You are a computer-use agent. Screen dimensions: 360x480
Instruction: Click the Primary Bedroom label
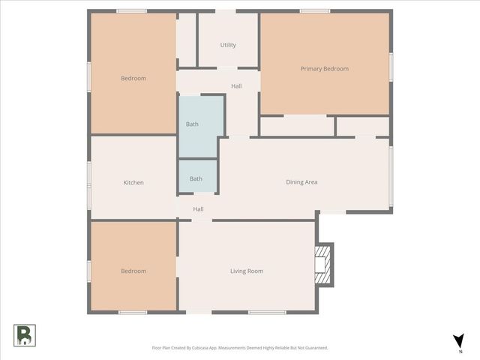(x=324, y=69)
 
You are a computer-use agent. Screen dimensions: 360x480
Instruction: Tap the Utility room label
(x=228, y=45)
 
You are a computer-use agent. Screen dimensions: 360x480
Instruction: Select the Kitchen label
(x=133, y=182)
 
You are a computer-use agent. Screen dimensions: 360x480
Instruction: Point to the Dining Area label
(x=301, y=181)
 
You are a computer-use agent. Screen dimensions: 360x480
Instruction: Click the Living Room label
(x=246, y=271)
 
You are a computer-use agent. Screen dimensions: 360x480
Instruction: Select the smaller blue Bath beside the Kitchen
(x=197, y=178)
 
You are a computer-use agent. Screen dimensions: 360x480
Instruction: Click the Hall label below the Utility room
(x=236, y=86)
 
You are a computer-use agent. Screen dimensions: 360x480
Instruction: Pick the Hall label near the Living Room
(x=198, y=209)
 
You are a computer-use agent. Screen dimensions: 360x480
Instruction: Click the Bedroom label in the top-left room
(x=133, y=78)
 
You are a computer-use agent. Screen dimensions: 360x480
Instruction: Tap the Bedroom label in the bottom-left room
(x=133, y=271)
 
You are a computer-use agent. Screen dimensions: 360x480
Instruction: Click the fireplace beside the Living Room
(x=323, y=264)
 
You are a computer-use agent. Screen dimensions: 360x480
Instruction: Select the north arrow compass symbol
(x=458, y=341)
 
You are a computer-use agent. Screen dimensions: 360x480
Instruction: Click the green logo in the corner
(x=24, y=335)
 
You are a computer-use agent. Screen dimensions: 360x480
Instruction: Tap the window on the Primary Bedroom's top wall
(x=314, y=11)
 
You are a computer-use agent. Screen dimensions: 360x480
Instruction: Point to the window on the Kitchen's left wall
(x=89, y=183)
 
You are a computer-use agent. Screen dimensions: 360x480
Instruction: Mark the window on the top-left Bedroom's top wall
(x=131, y=11)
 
